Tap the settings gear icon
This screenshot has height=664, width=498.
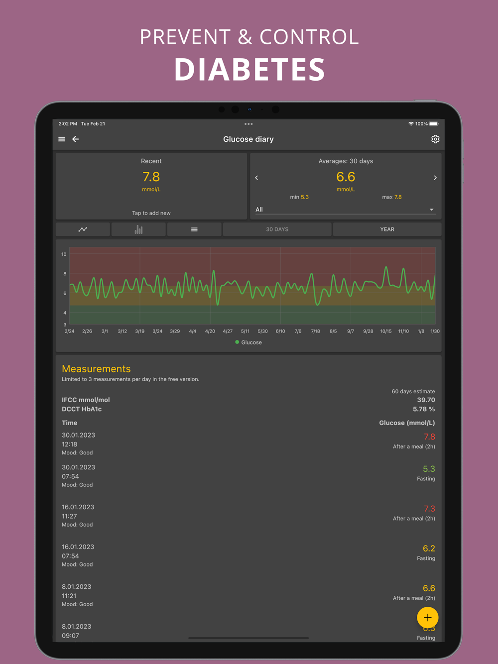coord(435,139)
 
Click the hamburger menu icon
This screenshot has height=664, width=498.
coord(62,139)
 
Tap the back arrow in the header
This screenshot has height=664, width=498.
coord(76,139)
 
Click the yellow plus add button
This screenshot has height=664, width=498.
coord(427,618)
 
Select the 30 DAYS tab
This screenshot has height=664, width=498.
coord(277,229)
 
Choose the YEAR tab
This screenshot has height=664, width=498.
coord(387,229)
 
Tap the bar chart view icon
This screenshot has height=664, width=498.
coord(138,229)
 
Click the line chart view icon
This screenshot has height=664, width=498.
coord(83,229)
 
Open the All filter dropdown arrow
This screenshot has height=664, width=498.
coord(431,210)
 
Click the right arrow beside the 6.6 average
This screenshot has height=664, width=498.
coord(435,178)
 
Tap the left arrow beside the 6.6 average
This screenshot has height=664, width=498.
coord(256,178)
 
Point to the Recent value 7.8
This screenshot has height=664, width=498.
coord(151,177)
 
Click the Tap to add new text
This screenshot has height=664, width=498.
coord(151,213)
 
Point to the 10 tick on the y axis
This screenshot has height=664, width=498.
coord(64,254)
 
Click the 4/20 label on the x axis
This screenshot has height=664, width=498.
coord(210,332)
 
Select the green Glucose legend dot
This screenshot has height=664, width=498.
coord(237,342)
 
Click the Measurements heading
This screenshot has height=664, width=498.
coord(96,369)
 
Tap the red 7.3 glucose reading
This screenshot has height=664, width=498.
coord(429,509)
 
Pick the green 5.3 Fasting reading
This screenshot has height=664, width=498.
coord(429,469)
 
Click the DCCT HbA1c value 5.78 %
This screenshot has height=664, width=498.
coord(424,409)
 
